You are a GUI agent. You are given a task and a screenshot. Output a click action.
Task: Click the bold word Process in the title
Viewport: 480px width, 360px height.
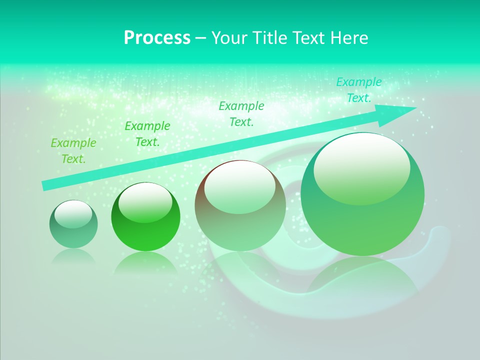pos(157,38)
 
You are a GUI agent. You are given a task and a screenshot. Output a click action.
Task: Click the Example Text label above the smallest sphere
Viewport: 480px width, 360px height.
pos(73,151)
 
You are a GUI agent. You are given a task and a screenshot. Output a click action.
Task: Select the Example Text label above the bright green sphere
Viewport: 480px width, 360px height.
pos(147,134)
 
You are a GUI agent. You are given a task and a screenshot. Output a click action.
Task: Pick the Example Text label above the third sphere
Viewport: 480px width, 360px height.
pos(241,113)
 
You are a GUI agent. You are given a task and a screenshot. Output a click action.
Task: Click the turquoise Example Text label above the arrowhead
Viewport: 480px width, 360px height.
pos(358,90)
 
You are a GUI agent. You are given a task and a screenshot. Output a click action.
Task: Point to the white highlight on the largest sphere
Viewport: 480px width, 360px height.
pos(361,167)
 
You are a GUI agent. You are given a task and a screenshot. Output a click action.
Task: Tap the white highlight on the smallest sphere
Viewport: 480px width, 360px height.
pos(73,214)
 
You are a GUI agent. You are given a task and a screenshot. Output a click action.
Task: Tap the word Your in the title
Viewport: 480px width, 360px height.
pos(228,38)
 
